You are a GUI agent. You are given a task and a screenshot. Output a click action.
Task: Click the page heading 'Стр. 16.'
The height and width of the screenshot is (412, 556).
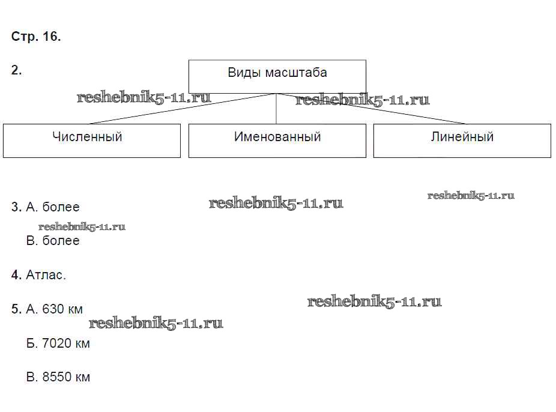(x=36, y=37)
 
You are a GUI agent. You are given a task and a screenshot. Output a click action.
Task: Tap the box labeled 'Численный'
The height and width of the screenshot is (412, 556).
(x=91, y=141)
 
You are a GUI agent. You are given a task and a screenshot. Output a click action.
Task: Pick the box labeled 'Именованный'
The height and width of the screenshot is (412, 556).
(x=277, y=141)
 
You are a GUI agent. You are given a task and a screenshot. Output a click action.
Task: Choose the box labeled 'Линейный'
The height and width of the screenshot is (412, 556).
(x=462, y=141)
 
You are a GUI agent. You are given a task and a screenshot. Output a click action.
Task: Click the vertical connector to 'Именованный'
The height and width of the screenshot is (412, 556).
(x=276, y=109)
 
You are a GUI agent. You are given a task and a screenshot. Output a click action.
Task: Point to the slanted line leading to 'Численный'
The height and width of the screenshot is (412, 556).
(x=180, y=109)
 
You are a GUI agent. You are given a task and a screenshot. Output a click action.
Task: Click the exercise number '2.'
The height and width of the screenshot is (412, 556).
(x=17, y=70)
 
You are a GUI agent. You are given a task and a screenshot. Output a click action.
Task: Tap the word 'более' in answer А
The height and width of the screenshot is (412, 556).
(x=61, y=207)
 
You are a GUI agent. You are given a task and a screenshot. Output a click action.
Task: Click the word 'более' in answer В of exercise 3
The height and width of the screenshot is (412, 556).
(x=61, y=241)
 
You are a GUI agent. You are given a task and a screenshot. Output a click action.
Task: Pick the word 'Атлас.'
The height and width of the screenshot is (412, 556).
(x=46, y=275)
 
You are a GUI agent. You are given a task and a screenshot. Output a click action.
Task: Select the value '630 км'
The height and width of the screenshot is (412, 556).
(x=62, y=309)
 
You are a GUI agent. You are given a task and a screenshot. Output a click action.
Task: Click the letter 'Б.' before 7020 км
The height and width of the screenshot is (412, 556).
(x=32, y=344)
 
